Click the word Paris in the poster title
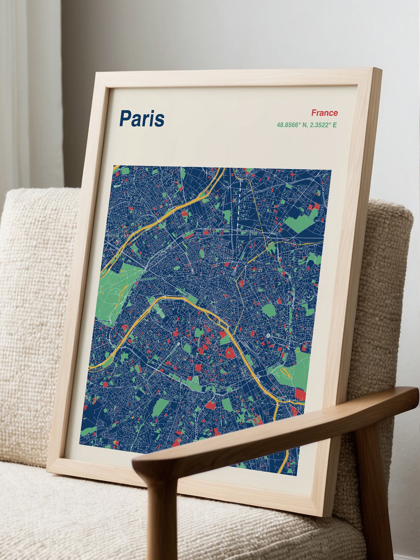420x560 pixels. point(142,119)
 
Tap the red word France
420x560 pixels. point(324,113)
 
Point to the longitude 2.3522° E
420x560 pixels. point(323,125)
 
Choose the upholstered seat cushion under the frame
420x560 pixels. point(73,517)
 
